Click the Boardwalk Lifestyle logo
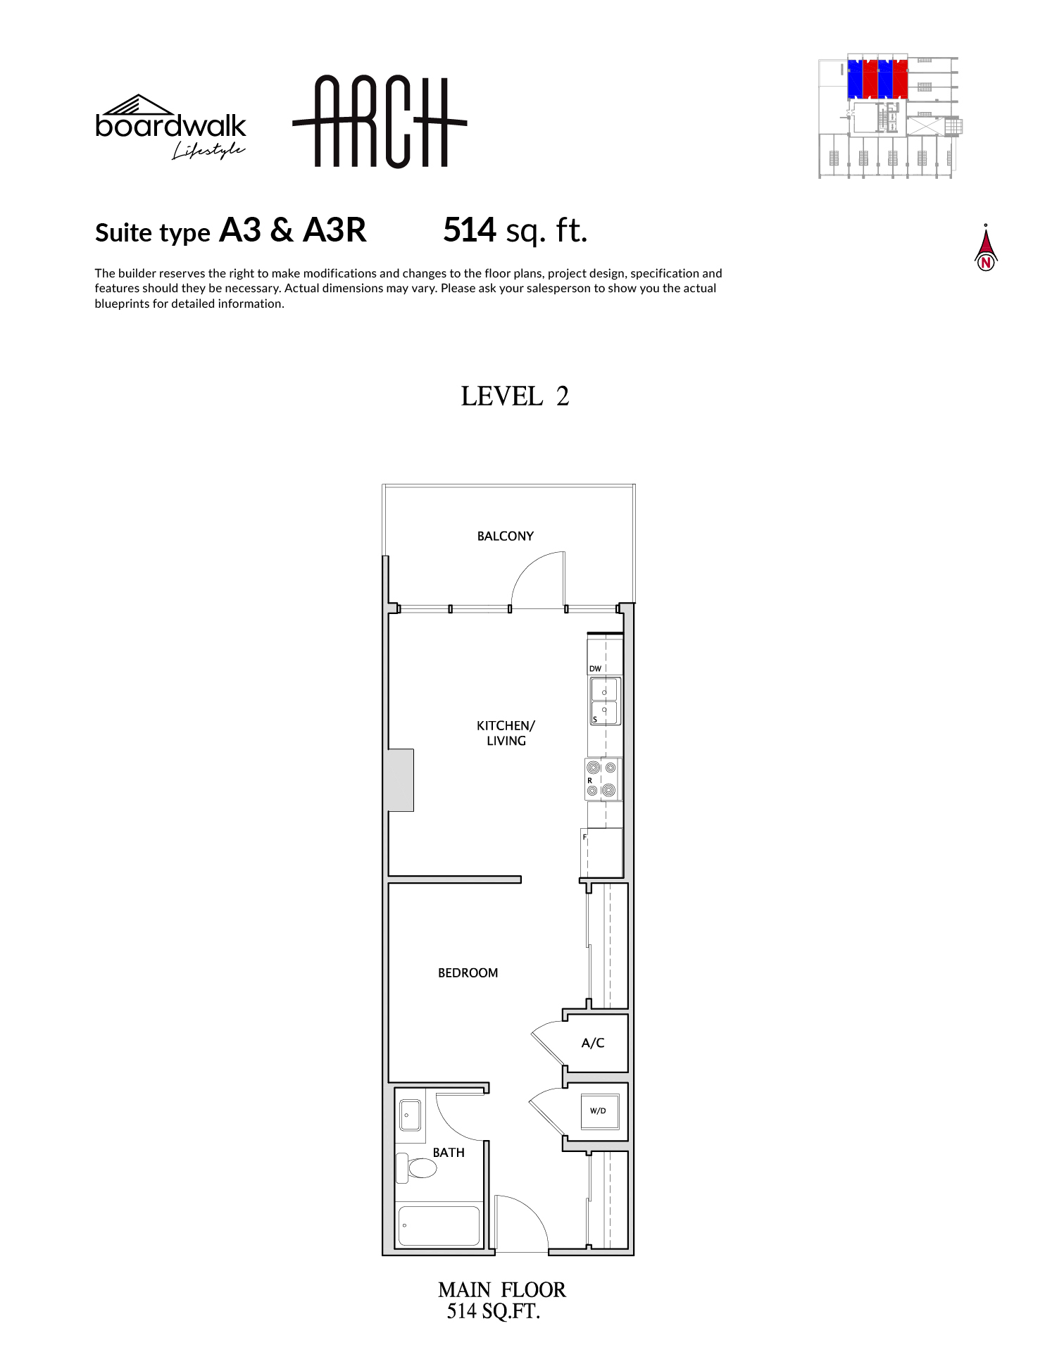point(170,127)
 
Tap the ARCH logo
point(380,122)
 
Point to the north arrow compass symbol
point(986,248)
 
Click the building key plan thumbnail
point(890,116)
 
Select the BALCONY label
point(506,536)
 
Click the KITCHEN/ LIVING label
point(506,733)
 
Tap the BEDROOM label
point(468,972)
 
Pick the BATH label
point(449,1153)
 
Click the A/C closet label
point(593,1043)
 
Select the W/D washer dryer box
point(599,1110)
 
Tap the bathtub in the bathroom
point(439,1226)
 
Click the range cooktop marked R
point(602,779)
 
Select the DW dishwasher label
point(596,668)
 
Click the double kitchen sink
point(605,701)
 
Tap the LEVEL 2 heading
point(515,396)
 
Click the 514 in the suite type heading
point(470,230)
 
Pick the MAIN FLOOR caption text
point(501,1289)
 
